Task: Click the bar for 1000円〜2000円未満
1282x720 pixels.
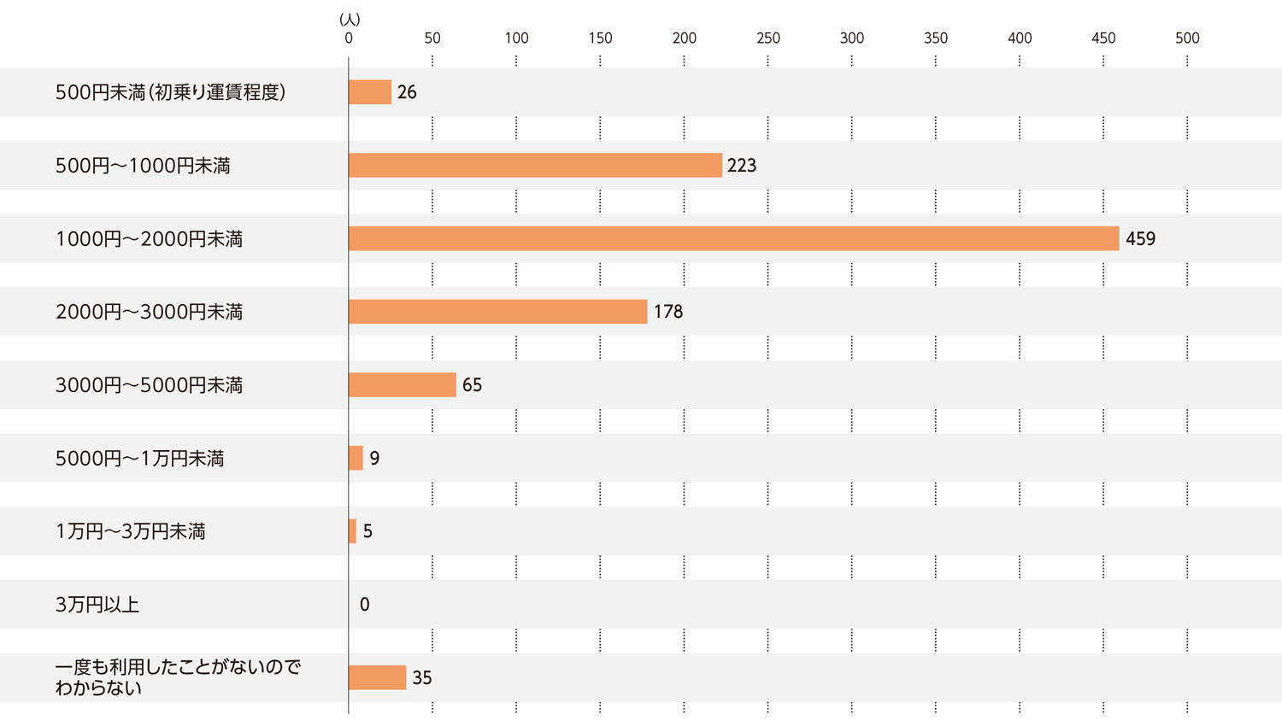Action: click(733, 238)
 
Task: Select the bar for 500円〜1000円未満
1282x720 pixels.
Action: click(535, 165)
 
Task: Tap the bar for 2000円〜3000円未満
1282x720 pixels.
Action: click(497, 312)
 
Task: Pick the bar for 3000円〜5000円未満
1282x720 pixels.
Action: click(402, 384)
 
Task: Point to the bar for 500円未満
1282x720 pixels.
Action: click(370, 91)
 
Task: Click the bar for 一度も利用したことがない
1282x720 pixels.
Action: click(377, 677)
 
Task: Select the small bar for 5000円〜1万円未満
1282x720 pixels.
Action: click(356, 458)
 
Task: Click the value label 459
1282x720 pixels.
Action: click(1140, 239)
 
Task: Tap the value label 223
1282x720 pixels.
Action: click(742, 166)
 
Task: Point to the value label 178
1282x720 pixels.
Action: click(668, 312)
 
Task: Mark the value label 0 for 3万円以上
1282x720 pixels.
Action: click(365, 605)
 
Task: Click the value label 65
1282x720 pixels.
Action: click(472, 385)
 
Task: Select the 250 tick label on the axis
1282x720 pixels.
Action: click(767, 38)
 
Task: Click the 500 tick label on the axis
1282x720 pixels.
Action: click(1187, 38)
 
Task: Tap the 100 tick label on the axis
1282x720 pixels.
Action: click(516, 38)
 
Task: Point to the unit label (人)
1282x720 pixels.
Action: click(350, 19)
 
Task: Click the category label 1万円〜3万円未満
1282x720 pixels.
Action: click(131, 531)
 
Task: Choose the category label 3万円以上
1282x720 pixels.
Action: click(97, 605)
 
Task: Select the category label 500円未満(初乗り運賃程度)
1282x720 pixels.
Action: click(170, 92)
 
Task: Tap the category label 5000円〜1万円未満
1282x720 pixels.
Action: click(139, 459)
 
